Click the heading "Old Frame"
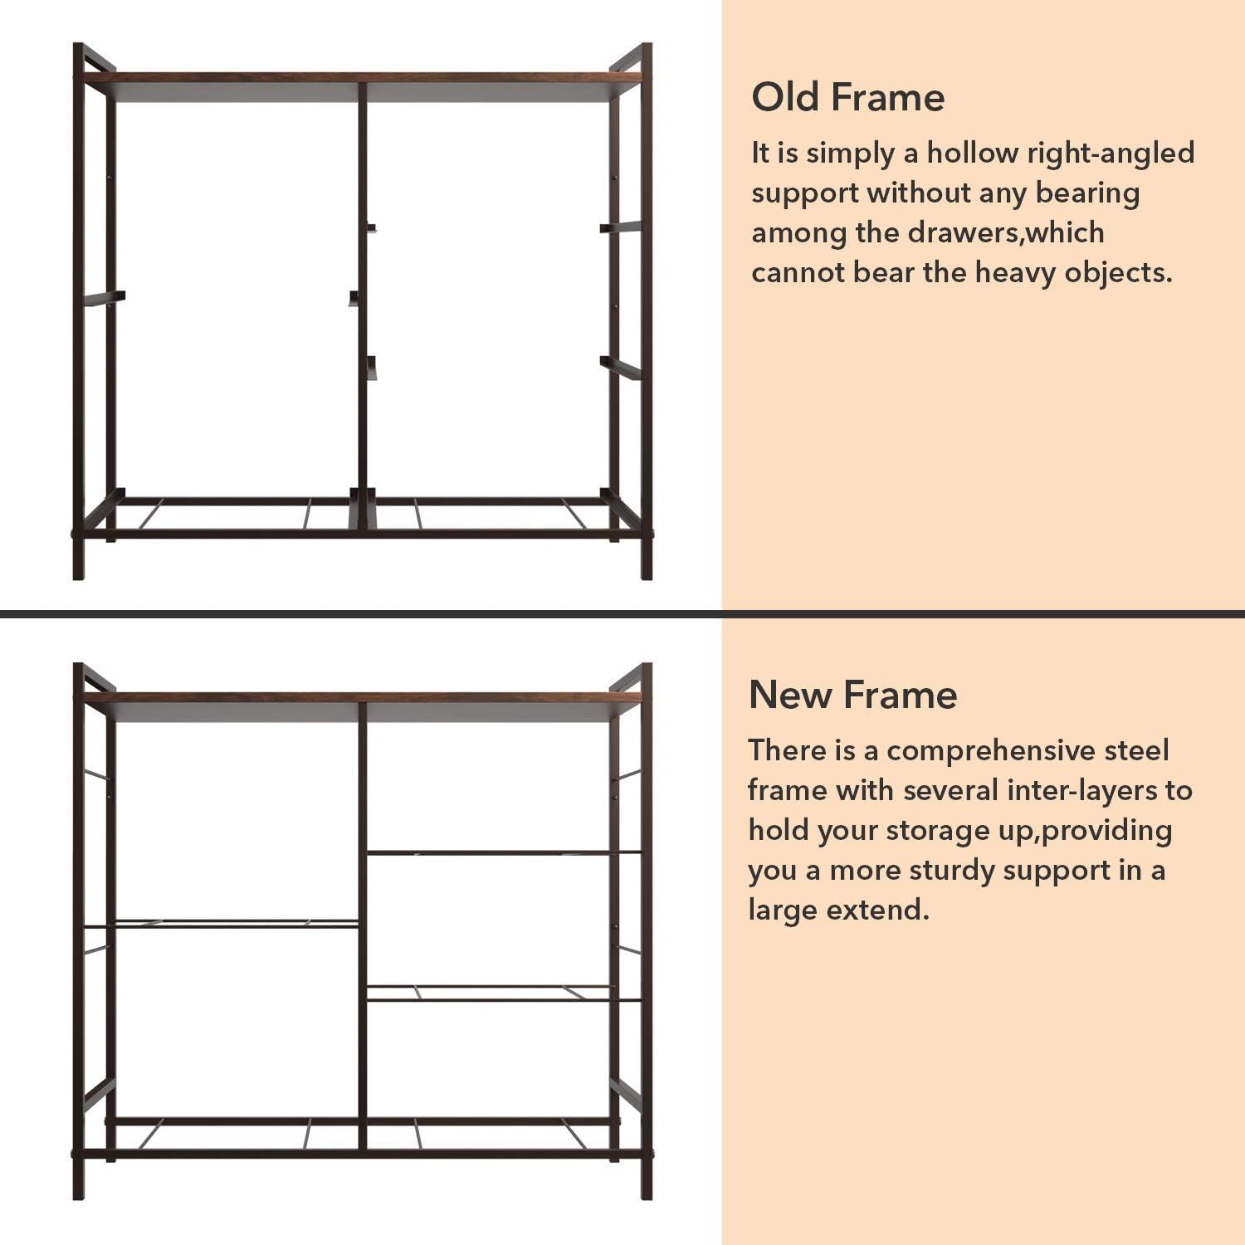[x=847, y=97]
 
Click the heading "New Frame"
[x=852, y=695]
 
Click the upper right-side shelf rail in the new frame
[x=504, y=852]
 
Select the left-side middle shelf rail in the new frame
[x=222, y=924]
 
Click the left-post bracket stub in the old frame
[x=105, y=298]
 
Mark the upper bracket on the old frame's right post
[x=621, y=227]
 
